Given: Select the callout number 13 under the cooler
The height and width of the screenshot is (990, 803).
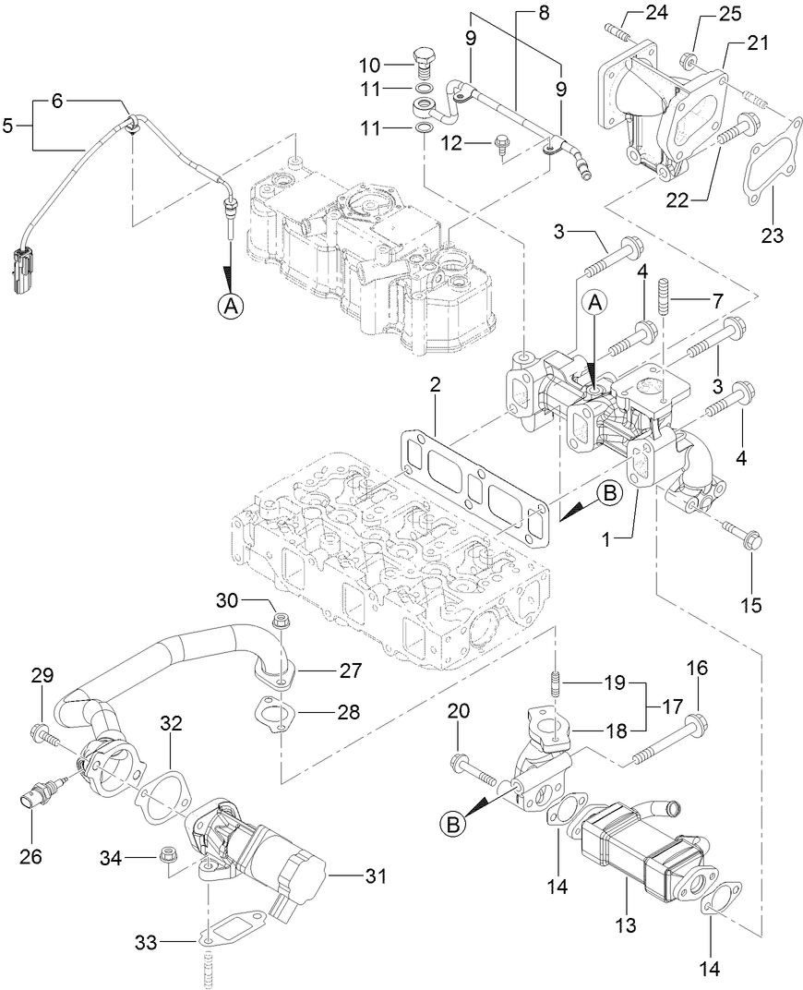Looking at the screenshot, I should pos(627,925).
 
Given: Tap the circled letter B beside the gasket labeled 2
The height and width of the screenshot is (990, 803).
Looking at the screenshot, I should pos(607,494).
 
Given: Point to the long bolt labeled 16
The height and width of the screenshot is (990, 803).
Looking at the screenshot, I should pos(666,742).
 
